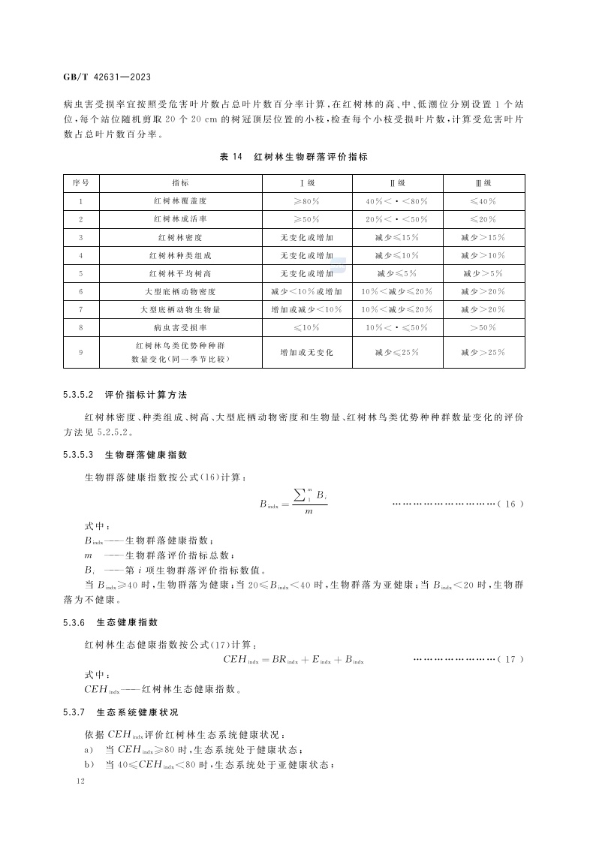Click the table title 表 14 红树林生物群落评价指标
coord(293,157)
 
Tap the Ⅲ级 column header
coord(483,183)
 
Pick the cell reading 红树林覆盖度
coord(180,201)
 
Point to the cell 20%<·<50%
coord(396,219)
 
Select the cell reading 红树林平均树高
coord(180,273)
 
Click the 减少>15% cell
coord(483,237)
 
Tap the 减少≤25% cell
coord(396,352)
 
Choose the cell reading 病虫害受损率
coord(180,327)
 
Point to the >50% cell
coord(483,327)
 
